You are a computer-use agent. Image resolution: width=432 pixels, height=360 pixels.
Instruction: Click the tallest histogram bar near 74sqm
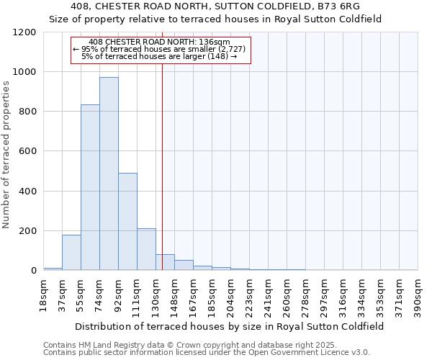109,174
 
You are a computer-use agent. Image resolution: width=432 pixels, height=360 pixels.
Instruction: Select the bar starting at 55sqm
90,187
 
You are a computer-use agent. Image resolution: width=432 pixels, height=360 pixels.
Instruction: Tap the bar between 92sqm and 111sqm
127,222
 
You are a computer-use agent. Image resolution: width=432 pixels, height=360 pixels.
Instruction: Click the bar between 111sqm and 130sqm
146,249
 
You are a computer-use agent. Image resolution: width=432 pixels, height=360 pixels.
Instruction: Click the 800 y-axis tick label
28,112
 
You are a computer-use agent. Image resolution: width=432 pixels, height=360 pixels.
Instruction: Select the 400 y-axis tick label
28,192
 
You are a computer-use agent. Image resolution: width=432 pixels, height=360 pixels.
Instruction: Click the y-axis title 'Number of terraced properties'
6,155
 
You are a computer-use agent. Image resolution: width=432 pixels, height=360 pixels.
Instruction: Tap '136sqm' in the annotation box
215,42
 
